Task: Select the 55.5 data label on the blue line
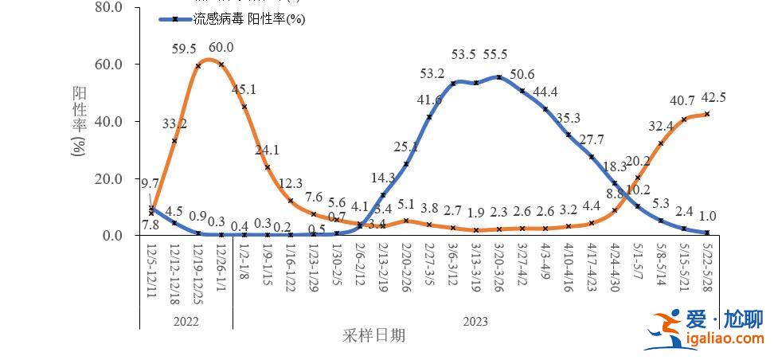(x=494, y=55)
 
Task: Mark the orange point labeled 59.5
(x=197, y=65)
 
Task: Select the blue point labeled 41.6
(x=430, y=117)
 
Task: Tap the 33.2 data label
(x=174, y=123)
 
